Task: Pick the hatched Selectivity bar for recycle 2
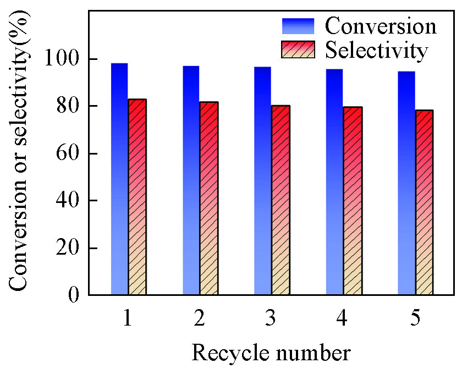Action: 209,199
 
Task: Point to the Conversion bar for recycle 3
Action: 262,181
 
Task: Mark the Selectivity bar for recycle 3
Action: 280,200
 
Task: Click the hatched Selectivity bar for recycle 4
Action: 353,201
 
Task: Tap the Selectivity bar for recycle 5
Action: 424,202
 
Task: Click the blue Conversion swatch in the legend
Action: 298,26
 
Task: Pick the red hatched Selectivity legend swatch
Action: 298,49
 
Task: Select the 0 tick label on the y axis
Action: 78,295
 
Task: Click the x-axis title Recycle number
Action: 271,353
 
